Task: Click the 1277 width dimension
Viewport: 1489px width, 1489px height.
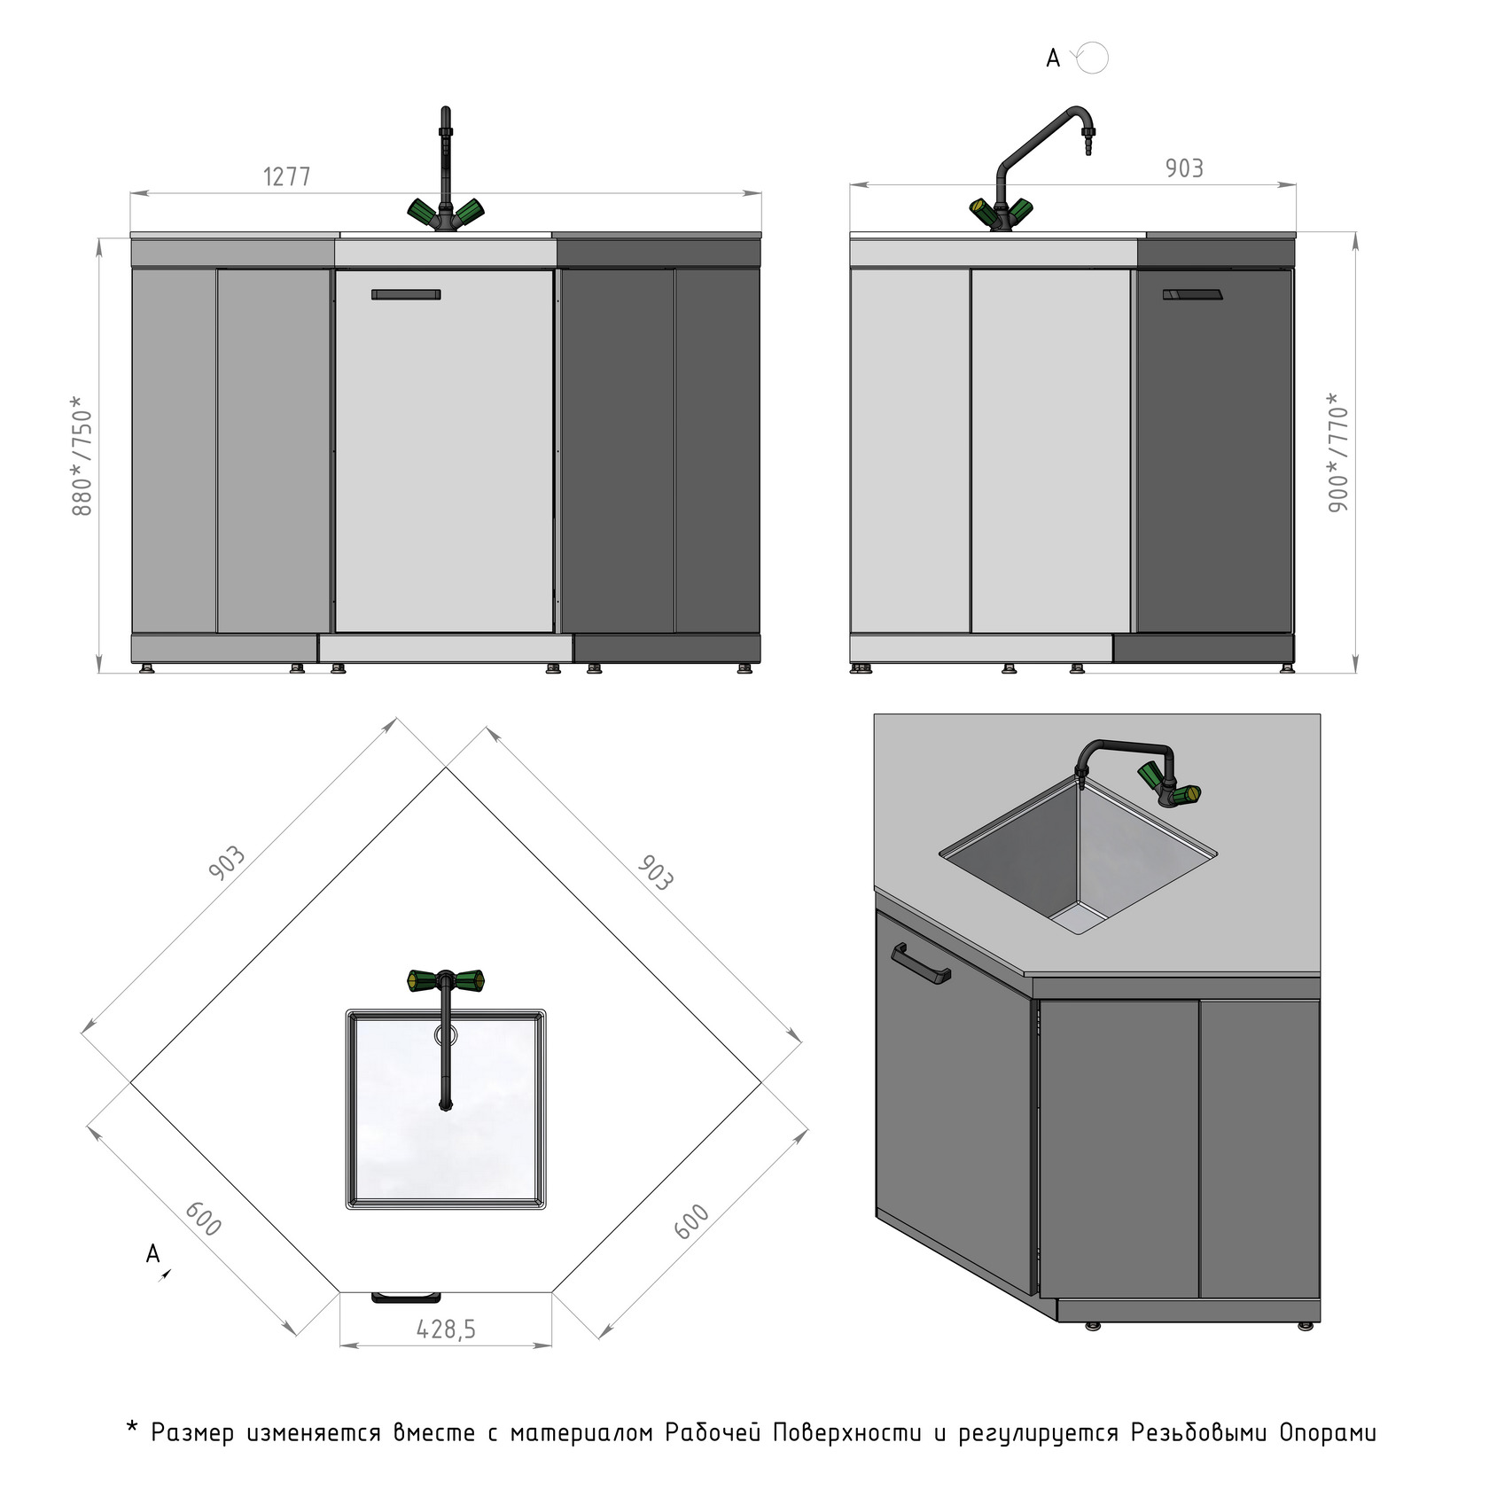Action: (x=287, y=176)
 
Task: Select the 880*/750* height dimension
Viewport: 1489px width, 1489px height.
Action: (x=82, y=456)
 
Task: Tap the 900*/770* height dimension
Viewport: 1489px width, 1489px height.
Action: (x=1338, y=452)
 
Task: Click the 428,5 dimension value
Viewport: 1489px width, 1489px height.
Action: (x=446, y=1329)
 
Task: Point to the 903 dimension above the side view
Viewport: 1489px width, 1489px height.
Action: (x=1184, y=168)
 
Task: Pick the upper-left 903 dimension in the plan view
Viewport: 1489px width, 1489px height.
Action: (x=226, y=864)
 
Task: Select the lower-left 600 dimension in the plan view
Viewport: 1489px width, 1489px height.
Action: (x=203, y=1219)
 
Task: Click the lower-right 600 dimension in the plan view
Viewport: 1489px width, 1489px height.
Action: (x=692, y=1221)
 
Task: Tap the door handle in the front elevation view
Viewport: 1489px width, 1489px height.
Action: (x=406, y=294)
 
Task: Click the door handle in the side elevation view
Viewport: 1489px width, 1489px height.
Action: (x=1192, y=295)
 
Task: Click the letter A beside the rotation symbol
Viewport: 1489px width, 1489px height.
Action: (x=1053, y=58)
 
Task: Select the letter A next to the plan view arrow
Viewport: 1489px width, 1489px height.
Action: (x=153, y=1254)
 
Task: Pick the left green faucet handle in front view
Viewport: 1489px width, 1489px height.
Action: (x=423, y=211)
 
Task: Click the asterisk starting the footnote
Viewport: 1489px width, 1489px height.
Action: (x=133, y=1428)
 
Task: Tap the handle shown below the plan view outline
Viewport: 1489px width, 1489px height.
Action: (x=406, y=1298)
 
